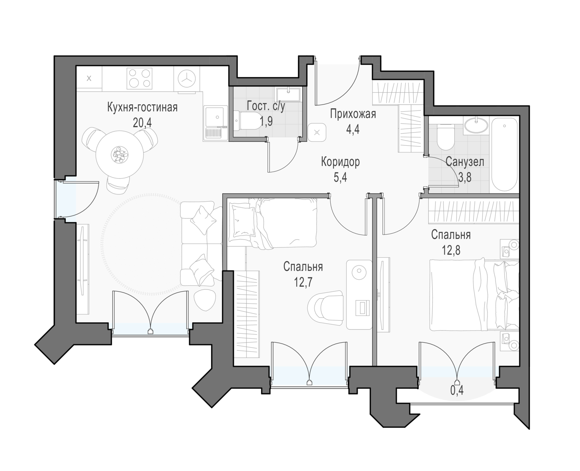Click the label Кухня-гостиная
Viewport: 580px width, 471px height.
click(142, 107)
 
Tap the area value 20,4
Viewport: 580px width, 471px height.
click(142, 123)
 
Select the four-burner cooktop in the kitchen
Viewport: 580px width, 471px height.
click(140, 78)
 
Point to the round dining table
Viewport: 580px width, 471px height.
click(119, 154)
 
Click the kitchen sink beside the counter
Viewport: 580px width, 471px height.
click(215, 123)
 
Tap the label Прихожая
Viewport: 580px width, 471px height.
click(353, 114)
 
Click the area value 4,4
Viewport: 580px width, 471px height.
click(353, 129)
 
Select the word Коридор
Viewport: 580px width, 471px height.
click(340, 162)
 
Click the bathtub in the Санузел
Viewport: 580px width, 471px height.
click(504, 155)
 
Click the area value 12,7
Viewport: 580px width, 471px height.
click(303, 282)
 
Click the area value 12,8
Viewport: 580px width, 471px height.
click(451, 250)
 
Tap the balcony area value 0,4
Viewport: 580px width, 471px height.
click(457, 391)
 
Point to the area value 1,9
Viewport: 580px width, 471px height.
click(266, 121)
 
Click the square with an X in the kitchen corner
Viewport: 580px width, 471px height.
click(89, 79)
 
